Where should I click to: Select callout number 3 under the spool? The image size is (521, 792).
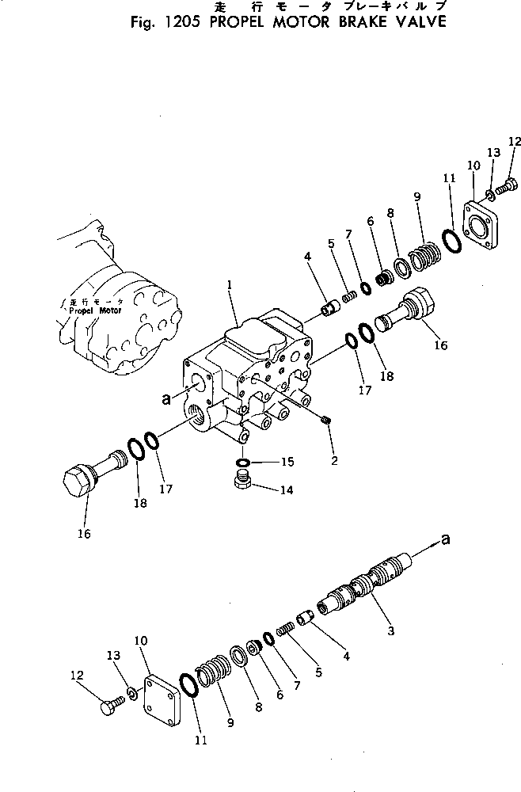coord(390,631)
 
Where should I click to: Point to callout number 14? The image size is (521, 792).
coord(286,490)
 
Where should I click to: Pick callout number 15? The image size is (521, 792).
coord(286,462)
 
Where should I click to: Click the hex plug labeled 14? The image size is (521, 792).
coord(243,482)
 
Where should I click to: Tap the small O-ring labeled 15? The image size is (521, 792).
coord(243,463)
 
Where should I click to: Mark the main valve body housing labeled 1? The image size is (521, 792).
coord(245,372)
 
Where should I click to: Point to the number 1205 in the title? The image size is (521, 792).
coord(181,21)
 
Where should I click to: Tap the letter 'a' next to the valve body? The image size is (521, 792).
coord(166,400)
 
